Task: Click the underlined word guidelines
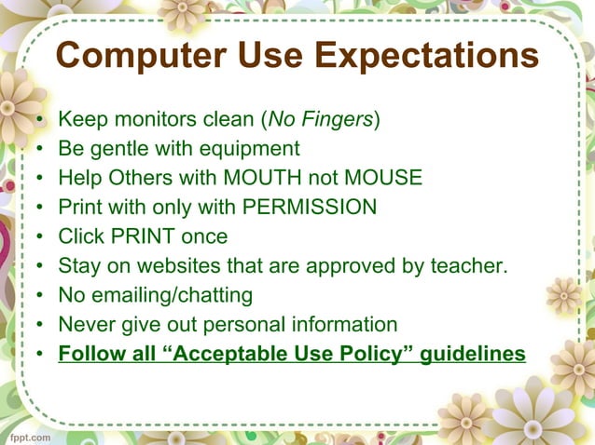click(474, 355)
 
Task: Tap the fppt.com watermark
click(32, 435)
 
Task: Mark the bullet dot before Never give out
click(39, 326)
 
